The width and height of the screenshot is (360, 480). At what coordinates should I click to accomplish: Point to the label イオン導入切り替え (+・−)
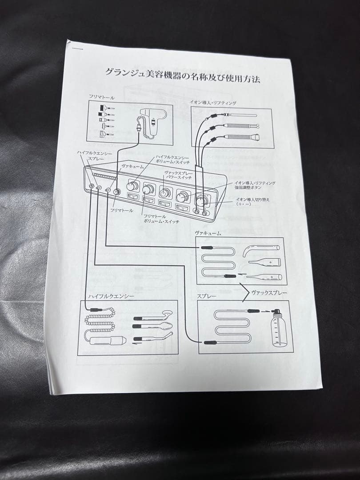(252, 202)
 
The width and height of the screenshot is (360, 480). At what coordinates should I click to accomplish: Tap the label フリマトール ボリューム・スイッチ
(161, 218)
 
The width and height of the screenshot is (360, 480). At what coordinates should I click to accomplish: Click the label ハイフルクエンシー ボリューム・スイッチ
(172, 160)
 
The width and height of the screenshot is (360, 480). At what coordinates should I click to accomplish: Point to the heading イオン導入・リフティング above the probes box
(213, 103)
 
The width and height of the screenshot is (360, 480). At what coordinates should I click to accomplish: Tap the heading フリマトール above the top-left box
(101, 97)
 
